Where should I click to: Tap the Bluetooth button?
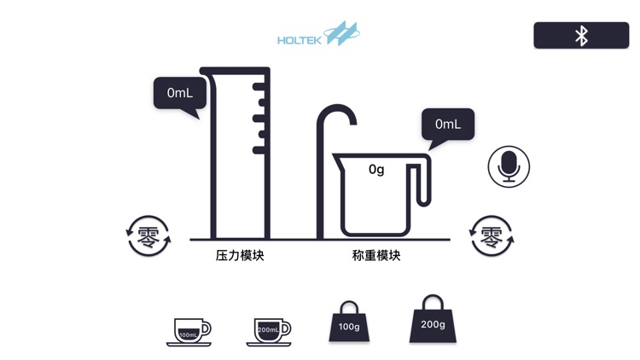click(581, 35)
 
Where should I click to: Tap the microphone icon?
click(509, 165)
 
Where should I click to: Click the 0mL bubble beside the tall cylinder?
click(179, 93)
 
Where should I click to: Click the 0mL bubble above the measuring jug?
click(447, 124)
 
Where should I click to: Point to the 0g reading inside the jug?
click(376, 170)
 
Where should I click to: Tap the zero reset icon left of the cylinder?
click(148, 236)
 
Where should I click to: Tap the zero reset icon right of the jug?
click(492, 236)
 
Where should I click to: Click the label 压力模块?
click(240, 255)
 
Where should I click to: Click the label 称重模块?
click(376, 255)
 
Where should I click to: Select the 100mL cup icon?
click(189, 330)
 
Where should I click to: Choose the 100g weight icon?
click(349, 323)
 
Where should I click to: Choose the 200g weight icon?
click(433, 321)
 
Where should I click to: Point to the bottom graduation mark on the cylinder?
click(259, 150)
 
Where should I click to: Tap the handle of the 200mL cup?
click(288, 328)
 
